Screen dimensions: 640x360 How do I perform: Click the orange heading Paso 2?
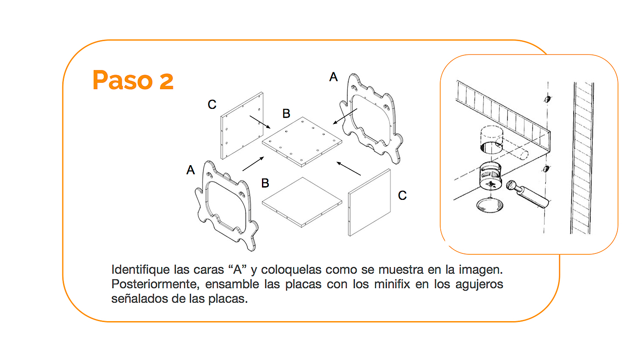click(x=133, y=80)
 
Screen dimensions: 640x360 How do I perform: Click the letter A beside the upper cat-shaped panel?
click(x=334, y=77)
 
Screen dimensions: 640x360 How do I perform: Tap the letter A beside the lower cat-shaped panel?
click(x=191, y=171)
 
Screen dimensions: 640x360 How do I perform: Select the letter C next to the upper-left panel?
click(x=212, y=105)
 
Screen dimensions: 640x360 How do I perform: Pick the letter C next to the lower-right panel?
click(x=402, y=196)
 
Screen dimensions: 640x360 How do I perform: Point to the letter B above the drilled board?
click(x=286, y=113)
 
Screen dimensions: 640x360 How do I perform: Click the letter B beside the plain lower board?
click(x=265, y=183)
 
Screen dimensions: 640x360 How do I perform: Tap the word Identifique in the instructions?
click(x=135, y=269)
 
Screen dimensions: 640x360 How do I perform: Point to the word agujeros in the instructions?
click(x=480, y=284)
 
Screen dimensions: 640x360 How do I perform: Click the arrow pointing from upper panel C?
click(x=260, y=122)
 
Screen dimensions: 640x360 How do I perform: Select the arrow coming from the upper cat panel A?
click(x=345, y=117)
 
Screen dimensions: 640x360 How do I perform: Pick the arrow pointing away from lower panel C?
click(x=349, y=168)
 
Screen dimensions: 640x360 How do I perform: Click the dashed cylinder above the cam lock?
click(x=490, y=139)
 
